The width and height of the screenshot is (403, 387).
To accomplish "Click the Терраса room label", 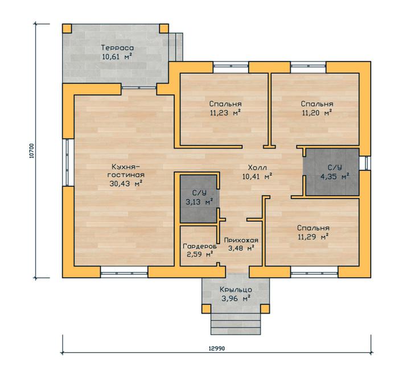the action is pyautogui.click(x=117, y=48).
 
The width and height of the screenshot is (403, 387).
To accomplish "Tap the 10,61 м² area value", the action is pyautogui.click(x=117, y=56).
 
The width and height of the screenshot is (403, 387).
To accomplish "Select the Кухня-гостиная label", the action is pyautogui.click(x=126, y=171).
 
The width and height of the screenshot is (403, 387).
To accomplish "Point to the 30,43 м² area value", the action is pyautogui.click(x=126, y=183).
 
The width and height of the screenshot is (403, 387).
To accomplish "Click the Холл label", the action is pyautogui.click(x=257, y=167).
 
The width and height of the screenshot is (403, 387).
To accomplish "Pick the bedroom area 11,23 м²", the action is pyautogui.click(x=225, y=113).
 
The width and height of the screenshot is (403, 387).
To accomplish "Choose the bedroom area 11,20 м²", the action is pyautogui.click(x=317, y=113).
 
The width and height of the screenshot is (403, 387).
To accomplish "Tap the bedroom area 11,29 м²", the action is pyautogui.click(x=313, y=237).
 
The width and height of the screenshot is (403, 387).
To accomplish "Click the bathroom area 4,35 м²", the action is pyautogui.click(x=335, y=176).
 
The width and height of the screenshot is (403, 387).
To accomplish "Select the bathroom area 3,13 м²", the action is pyautogui.click(x=199, y=201).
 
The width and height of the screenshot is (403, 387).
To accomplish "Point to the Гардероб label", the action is pyautogui.click(x=200, y=246).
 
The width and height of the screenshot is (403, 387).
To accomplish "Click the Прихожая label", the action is pyautogui.click(x=241, y=240).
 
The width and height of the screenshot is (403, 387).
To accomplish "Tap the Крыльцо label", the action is pyautogui.click(x=236, y=290).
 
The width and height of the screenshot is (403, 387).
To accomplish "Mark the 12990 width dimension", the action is pyautogui.click(x=217, y=348).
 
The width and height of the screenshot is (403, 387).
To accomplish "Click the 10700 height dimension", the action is pyautogui.click(x=31, y=151).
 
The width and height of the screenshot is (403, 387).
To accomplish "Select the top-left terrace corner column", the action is pyautogui.click(x=67, y=28).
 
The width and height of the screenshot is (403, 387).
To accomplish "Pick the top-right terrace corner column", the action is pyautogui.click(x=164, y=28).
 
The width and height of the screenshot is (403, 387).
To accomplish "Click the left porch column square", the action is pyautogui.click(x=206, y=308).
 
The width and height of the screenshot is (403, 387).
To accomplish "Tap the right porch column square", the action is pyautogui.click(x=265, y=308).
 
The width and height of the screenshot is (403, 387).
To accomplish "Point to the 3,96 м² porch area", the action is pyautogui.click(x=236, y=299).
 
